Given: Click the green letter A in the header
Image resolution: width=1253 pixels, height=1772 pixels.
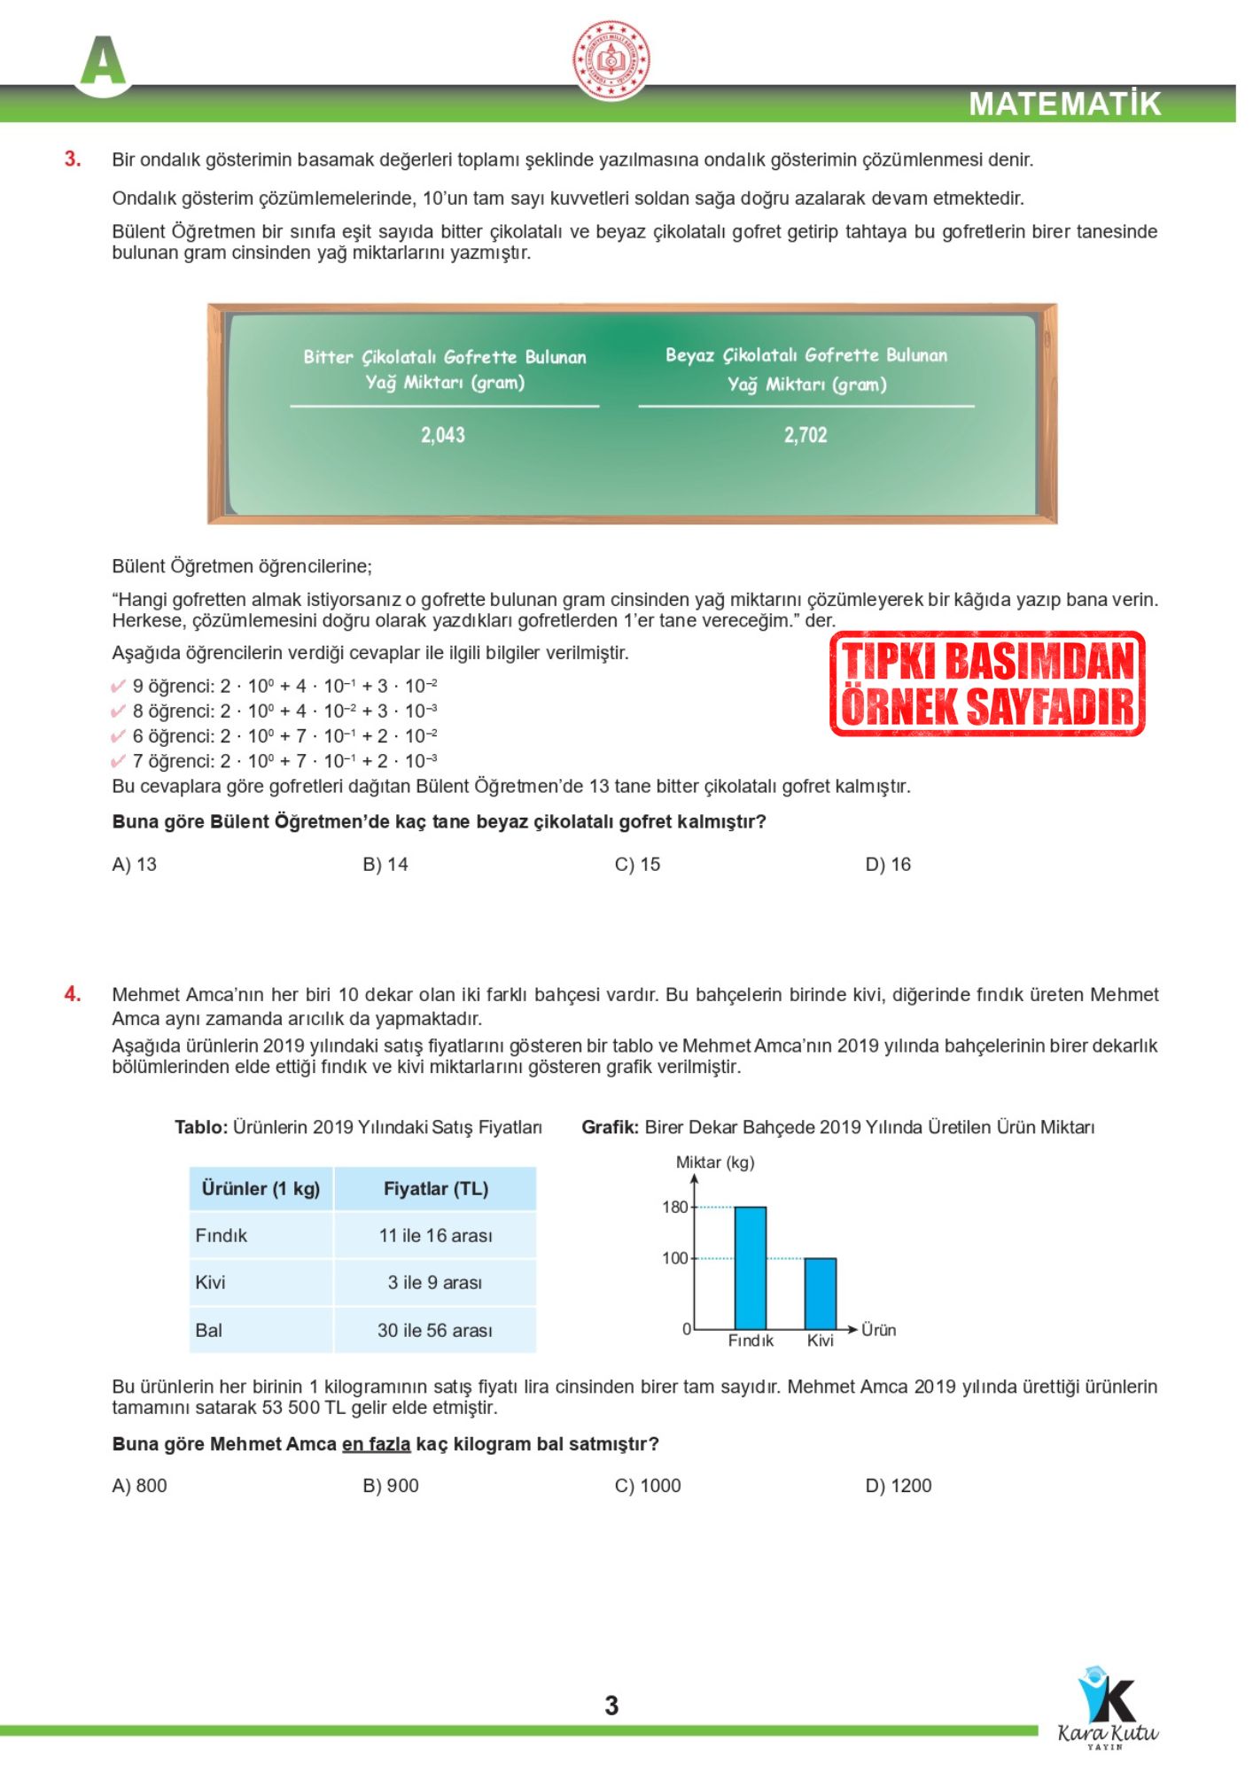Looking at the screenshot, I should pyautogui.click(x=103, y=62).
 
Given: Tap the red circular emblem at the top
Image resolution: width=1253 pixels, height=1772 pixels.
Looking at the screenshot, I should pyautogui.click(x=611, y=60).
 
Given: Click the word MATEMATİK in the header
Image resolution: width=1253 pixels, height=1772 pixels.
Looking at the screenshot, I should pyautogui.click(x=1064, y=104).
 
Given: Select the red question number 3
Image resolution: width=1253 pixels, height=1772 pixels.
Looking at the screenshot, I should pyautogui.click(x=73, y=159).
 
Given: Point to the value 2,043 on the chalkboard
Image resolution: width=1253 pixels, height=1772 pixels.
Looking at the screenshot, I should pyautogui.click(x=443, y=435).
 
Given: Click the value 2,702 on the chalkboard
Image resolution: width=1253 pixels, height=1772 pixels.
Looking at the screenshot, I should pyautogui.click(x=805, y=435).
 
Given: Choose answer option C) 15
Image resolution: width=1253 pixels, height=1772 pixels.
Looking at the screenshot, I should pyautogui.click(x=637, y=865).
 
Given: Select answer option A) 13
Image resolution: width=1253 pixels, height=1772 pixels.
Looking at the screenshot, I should pyautogui.click(x=135, y=865).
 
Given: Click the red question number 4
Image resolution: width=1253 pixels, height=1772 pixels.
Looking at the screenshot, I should pyautogui.click(x=73, y=994).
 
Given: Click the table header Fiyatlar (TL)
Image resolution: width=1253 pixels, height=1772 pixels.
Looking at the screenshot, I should pyautogui.click(x=435, y=1189).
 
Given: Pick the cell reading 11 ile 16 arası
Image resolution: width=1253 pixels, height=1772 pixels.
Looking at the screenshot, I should pyautogui.click(x=435, y=1236).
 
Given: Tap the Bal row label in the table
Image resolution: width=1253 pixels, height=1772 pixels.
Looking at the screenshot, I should pyautogui.click(x=209, y=1330).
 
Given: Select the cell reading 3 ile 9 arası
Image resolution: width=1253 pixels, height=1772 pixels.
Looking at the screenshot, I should pyautogui.click(x=435, y=1283).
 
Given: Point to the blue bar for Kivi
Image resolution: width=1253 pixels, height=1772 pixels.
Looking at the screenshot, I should pyautogui.click(x=820, y=1294).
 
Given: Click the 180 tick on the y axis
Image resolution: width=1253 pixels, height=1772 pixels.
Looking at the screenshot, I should pyautogui.click(x=675, y=1207).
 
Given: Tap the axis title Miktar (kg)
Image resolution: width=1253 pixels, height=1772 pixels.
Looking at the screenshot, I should pyautogui.click(x=715, y=1162).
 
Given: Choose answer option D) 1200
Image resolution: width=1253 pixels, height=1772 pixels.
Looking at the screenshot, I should pyautogui.click(x=898, y=1486).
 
